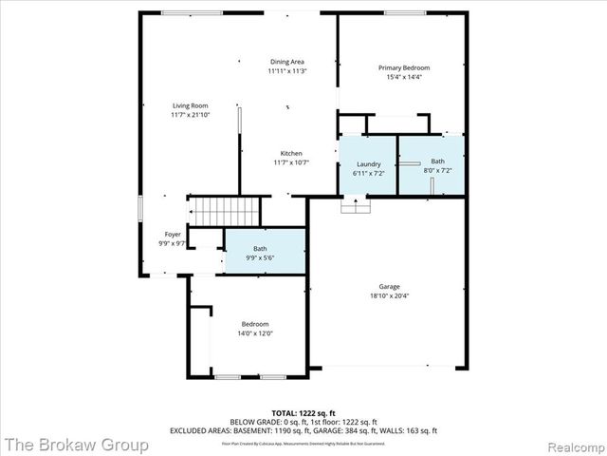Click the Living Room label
pos(190,105)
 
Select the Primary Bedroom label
pos(404,67)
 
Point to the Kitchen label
pos(290,154)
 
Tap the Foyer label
pos(173,234)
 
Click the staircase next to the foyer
pos(226,209)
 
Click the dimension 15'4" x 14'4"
pos(404,77)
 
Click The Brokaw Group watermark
pos(75,444)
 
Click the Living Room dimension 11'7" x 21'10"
pos(190,115)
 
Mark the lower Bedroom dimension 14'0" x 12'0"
pos(254,333)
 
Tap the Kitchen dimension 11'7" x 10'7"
pos(290,162)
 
